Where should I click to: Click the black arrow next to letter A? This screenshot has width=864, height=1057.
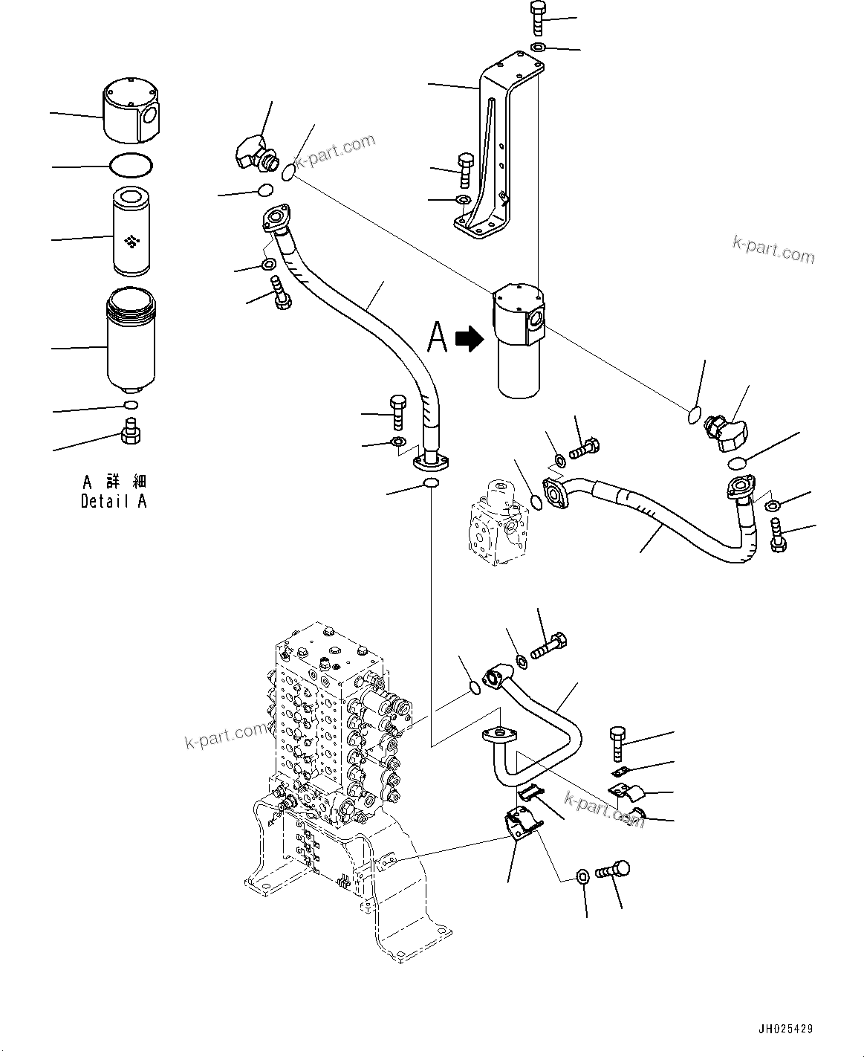pos(469,339)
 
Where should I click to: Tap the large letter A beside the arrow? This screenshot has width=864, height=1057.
pos(438,337)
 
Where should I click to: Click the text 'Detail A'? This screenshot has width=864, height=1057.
pos(114,502)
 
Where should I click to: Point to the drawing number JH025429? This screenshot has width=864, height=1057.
pos(785,1029)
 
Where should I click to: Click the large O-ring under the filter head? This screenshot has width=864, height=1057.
pos(131,165)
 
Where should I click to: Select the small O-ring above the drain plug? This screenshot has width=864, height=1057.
pos(131,404)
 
